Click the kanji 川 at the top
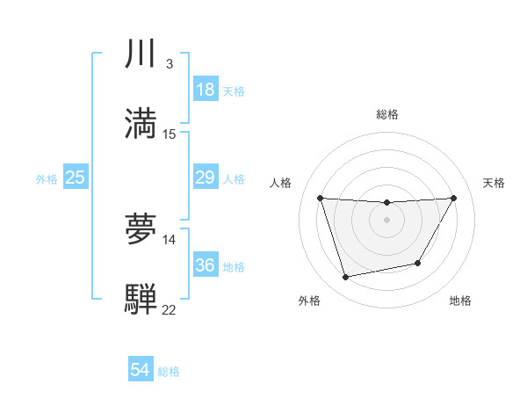[x=141, y=54]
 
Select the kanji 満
[x=141, y=124]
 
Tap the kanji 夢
[x=141, y=229]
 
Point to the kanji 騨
[x=141, y=299]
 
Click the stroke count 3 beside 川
[x=169, y=64]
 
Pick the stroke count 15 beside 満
[x=170, y=134]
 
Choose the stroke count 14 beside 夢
[x=170, y=239]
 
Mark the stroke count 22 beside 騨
[x=170, y=309]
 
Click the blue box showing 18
[x=206, y=90]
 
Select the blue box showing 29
[x=206, y=178]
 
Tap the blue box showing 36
[x=206, y=264]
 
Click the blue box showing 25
[x=76, y=178]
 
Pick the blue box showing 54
[x=141, y=370]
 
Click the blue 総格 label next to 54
[x=169, y=372]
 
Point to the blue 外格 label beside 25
[x=47, y=179]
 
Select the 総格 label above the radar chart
[x=387, y=114]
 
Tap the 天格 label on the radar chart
[x=494, y=183]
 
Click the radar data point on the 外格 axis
[x=346, y=278]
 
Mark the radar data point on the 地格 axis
[x=418, y=263]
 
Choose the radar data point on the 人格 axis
[x=320, y=198]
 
